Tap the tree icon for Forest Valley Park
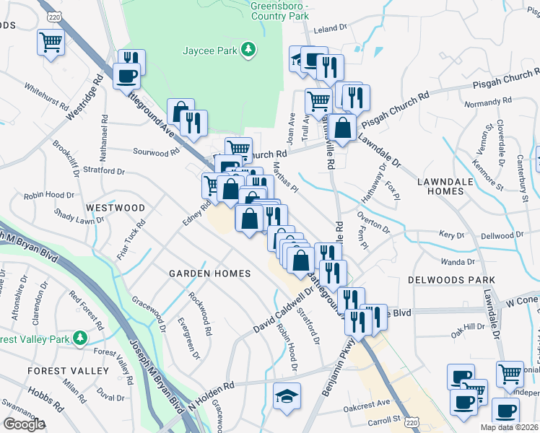tap(79, 338)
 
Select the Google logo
tap(24, 424)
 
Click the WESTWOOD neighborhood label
tap(116, 208)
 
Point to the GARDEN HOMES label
tap(209, 274)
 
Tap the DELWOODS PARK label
tap(461, 279)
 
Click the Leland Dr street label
tap(331, 29)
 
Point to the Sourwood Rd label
tap(156, 152)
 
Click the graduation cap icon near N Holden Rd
tap(287, 396)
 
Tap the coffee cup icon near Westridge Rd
tap(127, 75)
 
